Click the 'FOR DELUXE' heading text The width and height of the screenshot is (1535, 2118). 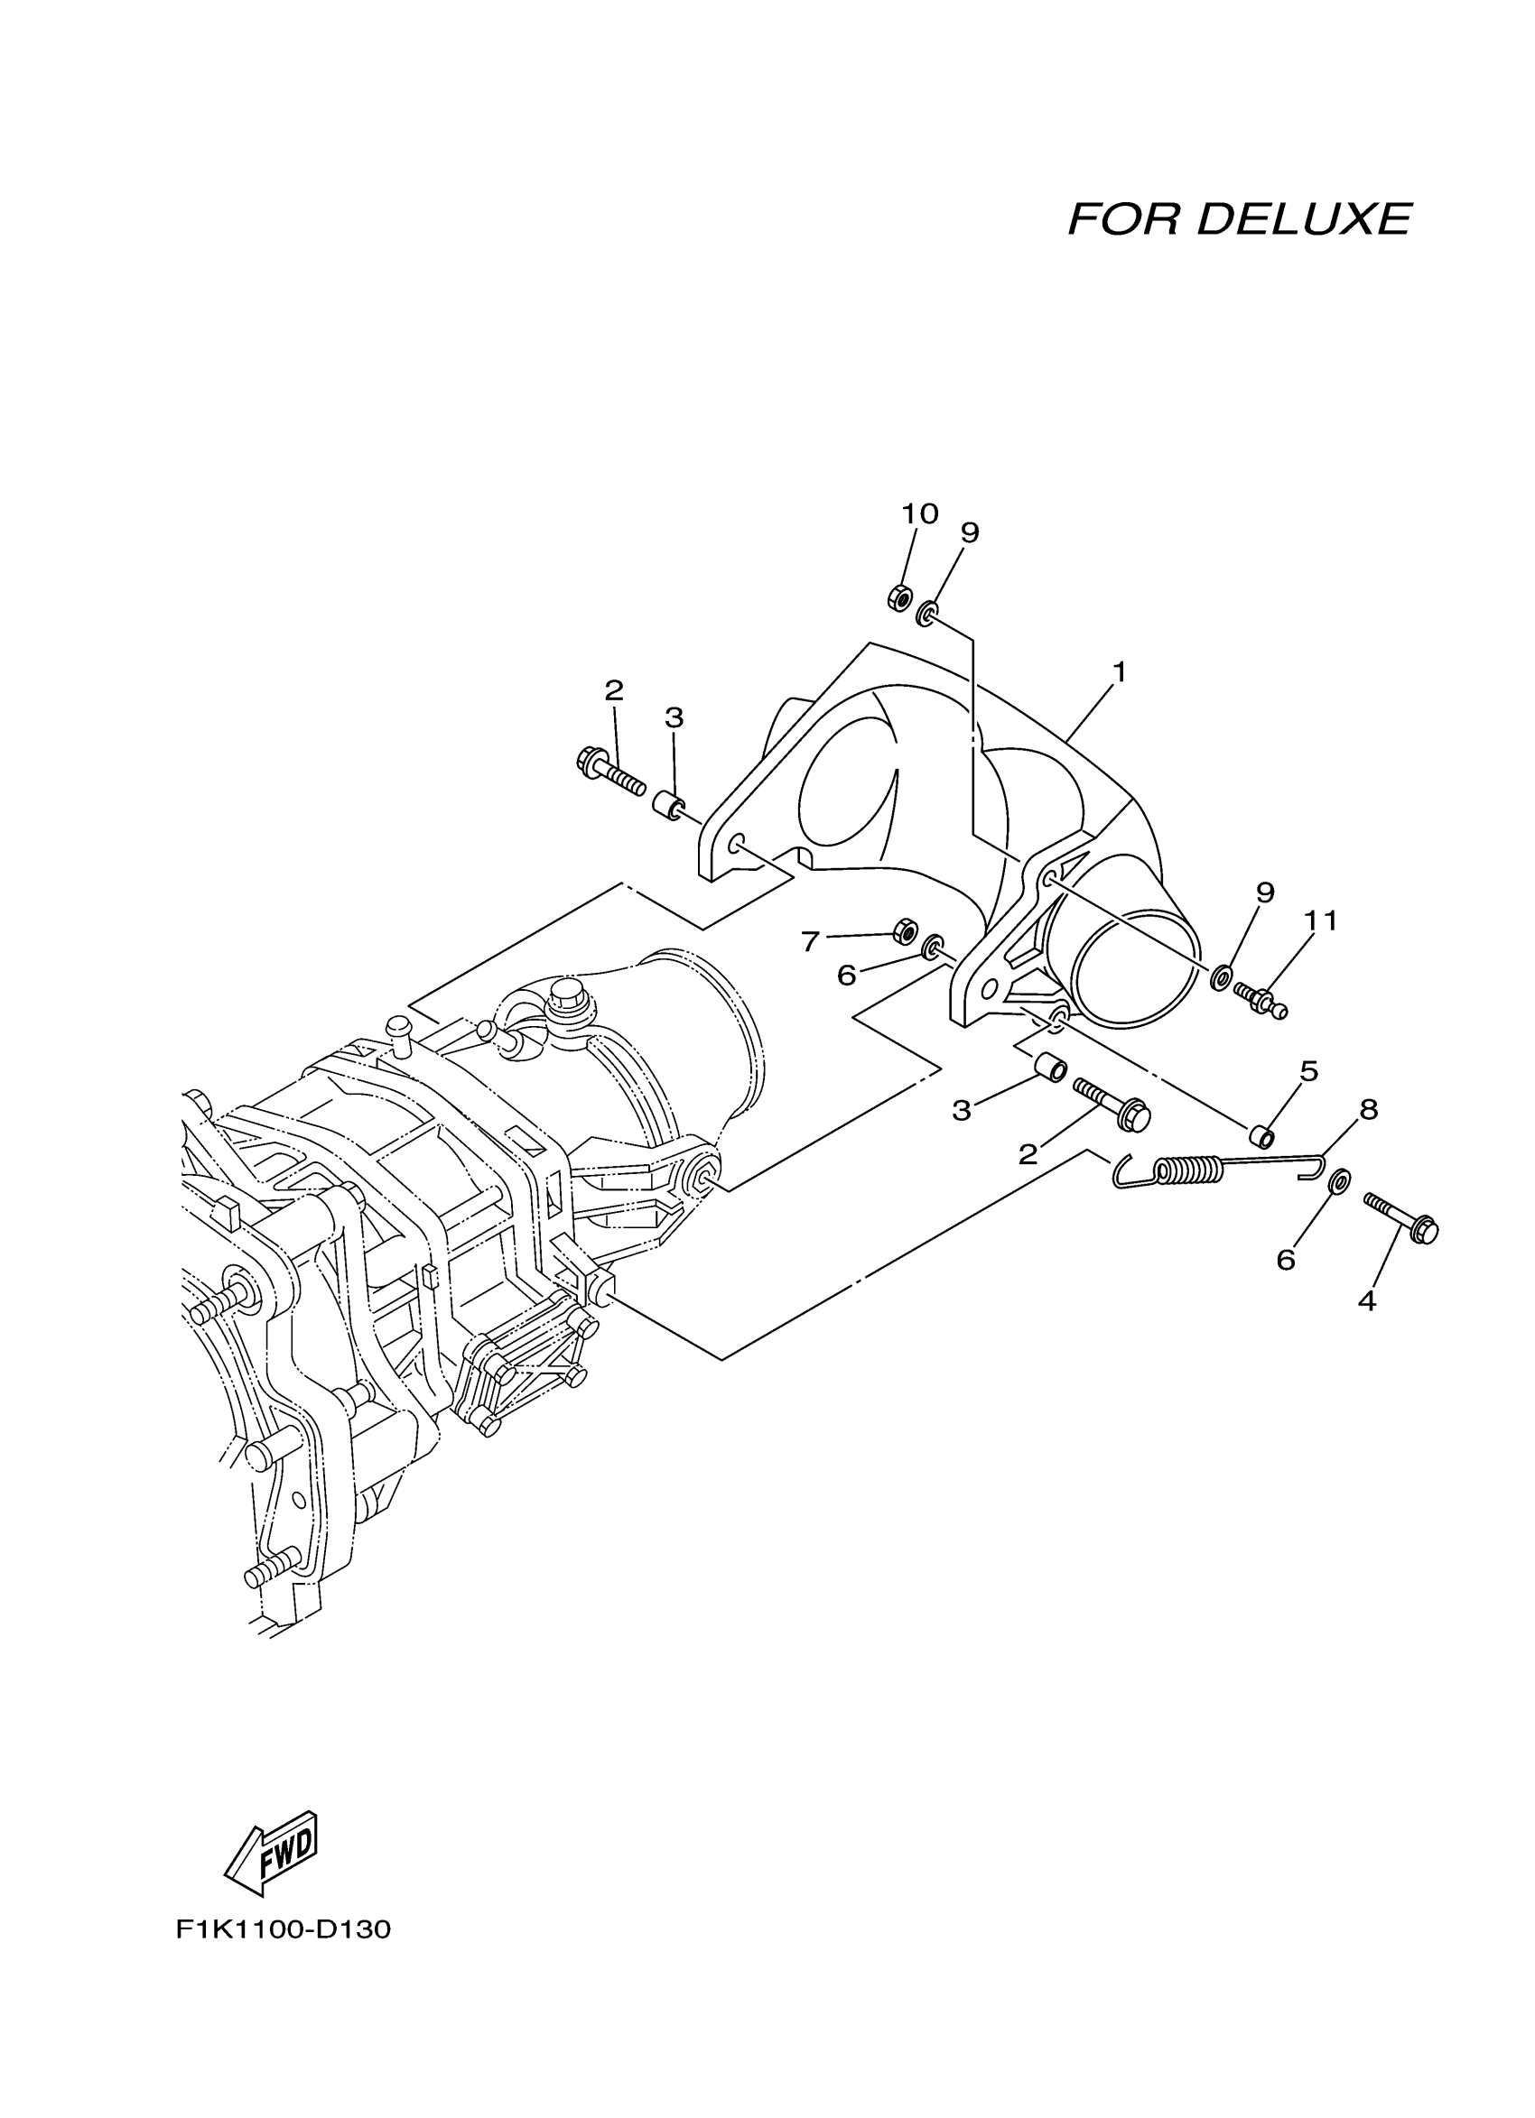[1238, 219]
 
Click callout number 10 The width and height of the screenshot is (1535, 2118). [919, 513]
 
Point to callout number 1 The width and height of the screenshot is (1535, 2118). [1119, 672]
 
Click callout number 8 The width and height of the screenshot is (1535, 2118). [1368, 1109]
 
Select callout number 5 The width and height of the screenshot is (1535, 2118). [1309, 1071]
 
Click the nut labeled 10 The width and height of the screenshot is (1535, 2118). [899, 595]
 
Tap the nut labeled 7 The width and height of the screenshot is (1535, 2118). [905, 930]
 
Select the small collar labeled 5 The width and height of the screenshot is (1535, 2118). [1262, 1136]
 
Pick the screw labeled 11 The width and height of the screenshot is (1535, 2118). [1261, 998]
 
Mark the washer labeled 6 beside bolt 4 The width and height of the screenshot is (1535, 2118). [1338, 1180]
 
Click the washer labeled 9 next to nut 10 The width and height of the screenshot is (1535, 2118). [926, 614]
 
